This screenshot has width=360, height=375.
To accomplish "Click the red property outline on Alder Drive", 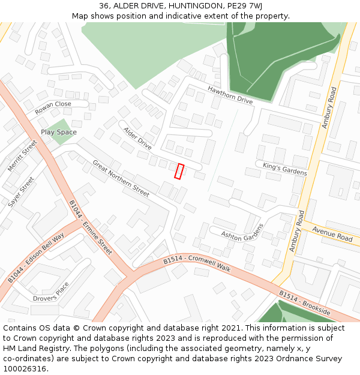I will pos(179,171).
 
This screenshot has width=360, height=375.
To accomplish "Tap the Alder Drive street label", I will pos(137,138).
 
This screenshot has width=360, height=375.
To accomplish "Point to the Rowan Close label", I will pos(53,108).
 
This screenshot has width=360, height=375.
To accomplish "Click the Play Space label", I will pos(59,132).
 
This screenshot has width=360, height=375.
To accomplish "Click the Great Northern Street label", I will pos(121,178).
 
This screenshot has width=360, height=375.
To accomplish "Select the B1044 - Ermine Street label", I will pos(91,227).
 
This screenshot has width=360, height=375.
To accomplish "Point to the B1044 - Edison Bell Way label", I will pos(36,258).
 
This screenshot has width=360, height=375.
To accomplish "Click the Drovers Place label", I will pos(51,296).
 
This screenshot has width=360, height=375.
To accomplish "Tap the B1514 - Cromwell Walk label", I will pos(197,263).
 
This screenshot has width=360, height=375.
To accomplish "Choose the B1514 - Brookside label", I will pos(305,303).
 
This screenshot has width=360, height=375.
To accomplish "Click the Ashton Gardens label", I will pos(242,233).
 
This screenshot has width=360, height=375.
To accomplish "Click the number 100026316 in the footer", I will pos(25,368).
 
